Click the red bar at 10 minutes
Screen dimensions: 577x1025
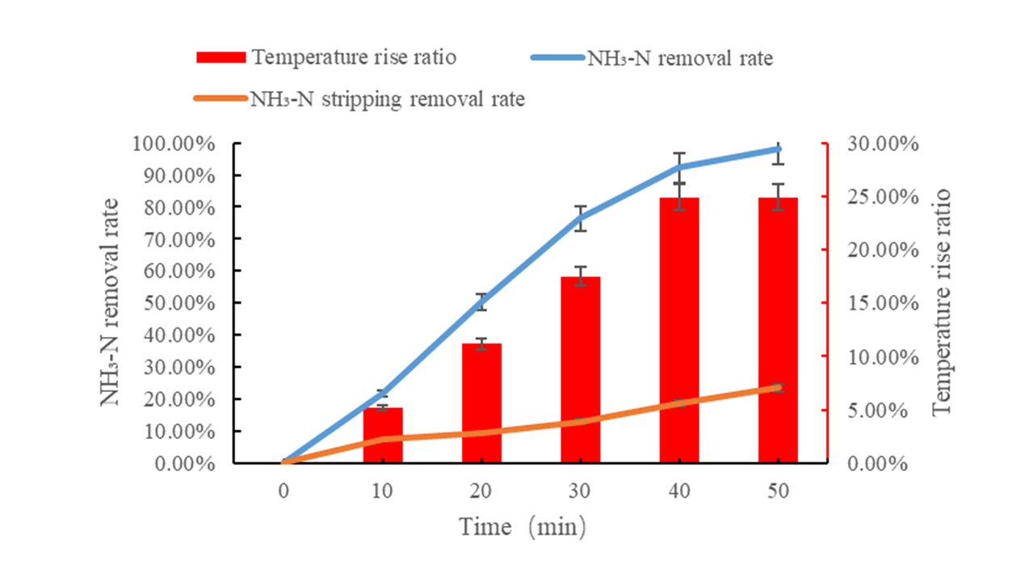click(x=382, y=436)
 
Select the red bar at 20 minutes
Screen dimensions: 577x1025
click(x=481, y=403)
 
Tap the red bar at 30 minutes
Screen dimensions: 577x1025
click(x=580, y=370)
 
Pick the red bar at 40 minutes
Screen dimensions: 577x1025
click(x=679, y=331)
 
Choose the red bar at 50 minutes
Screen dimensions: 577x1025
click(x=778, y=331)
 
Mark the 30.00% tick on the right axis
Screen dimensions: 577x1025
click(x=876, y=144)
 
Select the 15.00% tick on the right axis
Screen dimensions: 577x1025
click(x=876, y=303)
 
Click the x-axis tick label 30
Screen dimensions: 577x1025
click(x=580, y=491)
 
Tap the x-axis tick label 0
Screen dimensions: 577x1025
click(x=284, y=491)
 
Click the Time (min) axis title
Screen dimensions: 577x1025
click(x=523, y=527)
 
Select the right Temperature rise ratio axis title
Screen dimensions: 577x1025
click(x=942, y=303)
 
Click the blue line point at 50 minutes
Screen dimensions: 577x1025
click(x=778, y=149)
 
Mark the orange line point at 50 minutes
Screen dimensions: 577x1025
click(x=778, y=387)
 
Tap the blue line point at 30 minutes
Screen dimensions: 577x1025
click(x=580, y=217)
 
